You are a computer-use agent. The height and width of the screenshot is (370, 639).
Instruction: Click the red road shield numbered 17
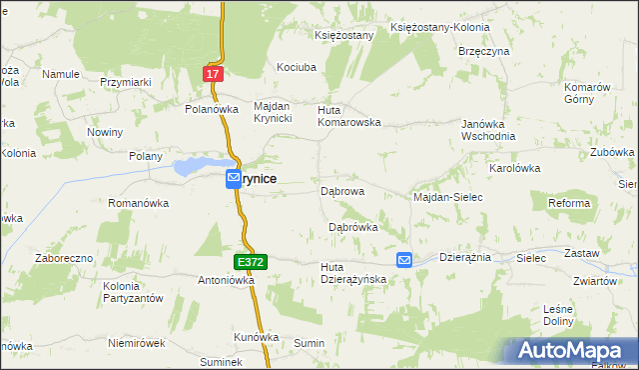tap(213, 74)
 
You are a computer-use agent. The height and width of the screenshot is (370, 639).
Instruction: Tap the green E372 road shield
tap(252, 262)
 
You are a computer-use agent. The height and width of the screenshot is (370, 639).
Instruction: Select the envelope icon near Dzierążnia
tap(404, 260)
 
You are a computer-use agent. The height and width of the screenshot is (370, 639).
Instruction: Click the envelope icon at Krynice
tap(232, 178)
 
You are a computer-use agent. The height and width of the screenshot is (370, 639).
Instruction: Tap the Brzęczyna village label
tap(484, 51)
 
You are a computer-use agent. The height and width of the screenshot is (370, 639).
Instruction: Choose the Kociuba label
tap(297, 67)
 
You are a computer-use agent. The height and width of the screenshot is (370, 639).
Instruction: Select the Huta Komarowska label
tap(349, 116)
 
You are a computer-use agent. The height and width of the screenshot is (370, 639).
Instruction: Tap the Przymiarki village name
tap(125, 83)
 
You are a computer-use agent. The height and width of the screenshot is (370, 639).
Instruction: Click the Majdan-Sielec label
tap(448, 198)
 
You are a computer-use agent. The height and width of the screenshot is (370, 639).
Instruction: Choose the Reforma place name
tap(569, 203)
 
